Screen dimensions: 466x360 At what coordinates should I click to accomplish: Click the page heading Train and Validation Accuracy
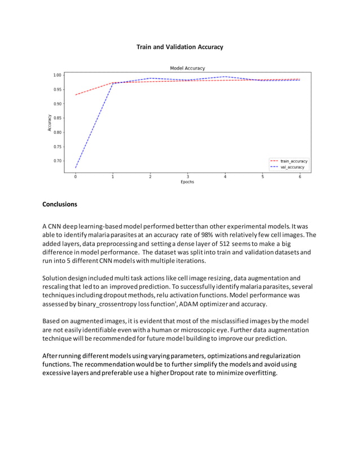pos(179,47)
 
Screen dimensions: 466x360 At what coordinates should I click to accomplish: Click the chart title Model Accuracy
pos(187,68)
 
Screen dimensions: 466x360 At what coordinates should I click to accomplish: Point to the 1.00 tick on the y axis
pos(57,75)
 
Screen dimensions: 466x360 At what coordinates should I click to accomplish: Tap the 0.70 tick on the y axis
pos(57,161)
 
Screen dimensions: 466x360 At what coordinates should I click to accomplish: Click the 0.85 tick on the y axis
pos(57,118)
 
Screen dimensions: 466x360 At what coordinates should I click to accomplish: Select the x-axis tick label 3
pos(187,177)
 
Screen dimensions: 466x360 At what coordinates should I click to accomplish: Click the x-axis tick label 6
pos(300,177)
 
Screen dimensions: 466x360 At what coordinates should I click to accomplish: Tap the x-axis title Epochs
pos(187,182)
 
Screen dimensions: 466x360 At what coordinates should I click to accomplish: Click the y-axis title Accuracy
pos(49,122)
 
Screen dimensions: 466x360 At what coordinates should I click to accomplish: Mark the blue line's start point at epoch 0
pos(76,168)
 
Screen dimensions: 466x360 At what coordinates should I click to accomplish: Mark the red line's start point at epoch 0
pos(76,95)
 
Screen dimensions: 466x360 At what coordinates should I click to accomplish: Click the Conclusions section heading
pos(60,204)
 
